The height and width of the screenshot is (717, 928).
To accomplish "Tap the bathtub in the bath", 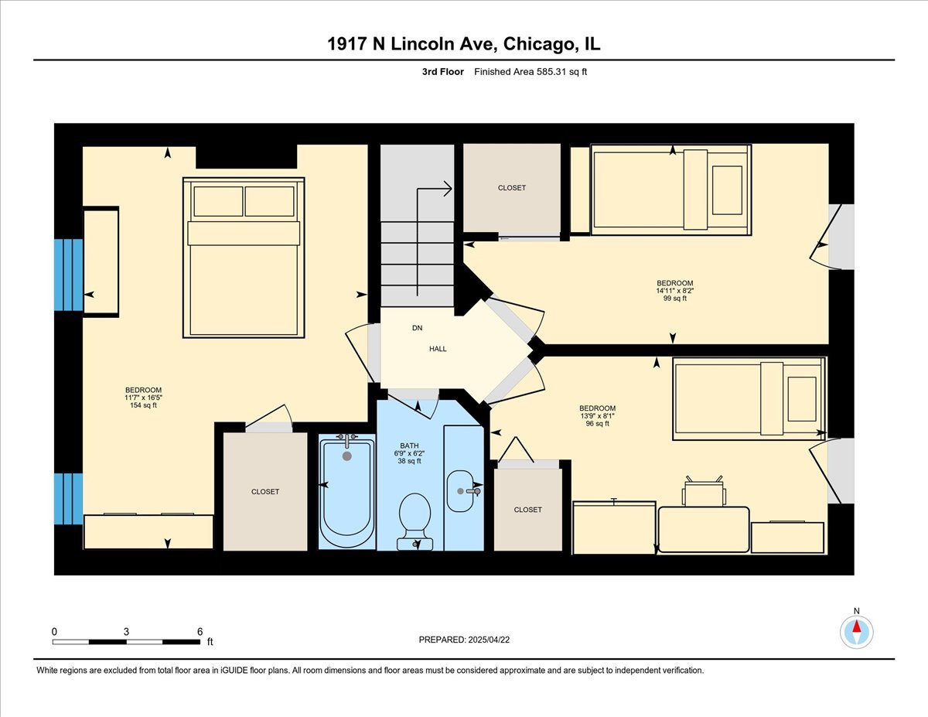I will [346, 491].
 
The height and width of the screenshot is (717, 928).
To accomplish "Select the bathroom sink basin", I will [462, 490].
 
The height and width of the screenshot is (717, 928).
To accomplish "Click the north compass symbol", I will [856, 631].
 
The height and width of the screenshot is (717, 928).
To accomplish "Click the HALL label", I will [438, 349].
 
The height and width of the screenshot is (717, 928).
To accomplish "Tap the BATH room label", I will [409, 446].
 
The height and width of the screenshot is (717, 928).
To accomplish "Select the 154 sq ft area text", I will [144, 405].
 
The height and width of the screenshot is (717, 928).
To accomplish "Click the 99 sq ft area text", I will [674, 299].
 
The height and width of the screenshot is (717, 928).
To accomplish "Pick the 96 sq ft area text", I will [598, 424].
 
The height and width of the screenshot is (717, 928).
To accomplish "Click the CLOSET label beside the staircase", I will [511, 188].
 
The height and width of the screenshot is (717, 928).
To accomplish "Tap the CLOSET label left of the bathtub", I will [265, 492].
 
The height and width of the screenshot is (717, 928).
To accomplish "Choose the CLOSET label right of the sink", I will [527, 510].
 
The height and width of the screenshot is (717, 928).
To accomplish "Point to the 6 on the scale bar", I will [200, 631].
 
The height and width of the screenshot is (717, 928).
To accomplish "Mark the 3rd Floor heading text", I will [437, 72].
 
